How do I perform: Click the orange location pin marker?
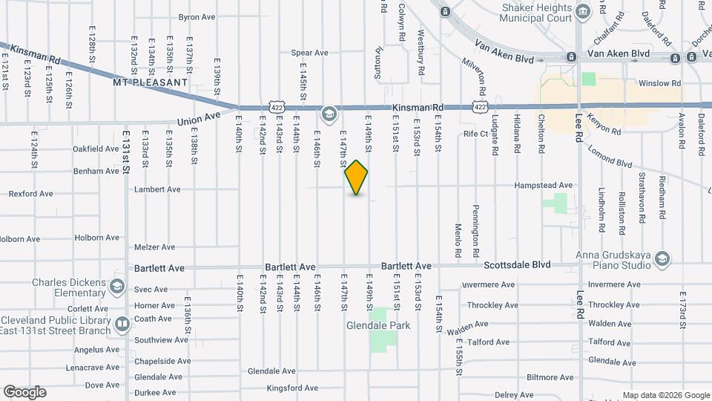pyautogui.click(x=357, y=177)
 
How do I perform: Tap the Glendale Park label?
pyautogui.click(x=378, y=325)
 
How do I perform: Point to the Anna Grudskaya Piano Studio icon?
pyautogui.click(x=662, y=258)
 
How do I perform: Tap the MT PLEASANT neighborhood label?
pyautogui.click(x=151, y=83)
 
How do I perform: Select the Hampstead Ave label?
pyautogui.click(x=545, y=185)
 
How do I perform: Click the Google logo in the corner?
pyautogui.click(x=24, y=391)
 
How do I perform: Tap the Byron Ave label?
pyautogui.click(x=197, y=16)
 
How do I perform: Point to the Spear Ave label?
pyautogui.click(x=309, y=53)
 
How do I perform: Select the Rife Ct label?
pyautogui.click(x=475, y=134)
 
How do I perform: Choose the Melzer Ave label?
pyautogui.click(x=154, y=247)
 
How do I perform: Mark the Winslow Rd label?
pyautogui.click(x=659, y=83)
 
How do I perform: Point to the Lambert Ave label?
pyautogui.click(x=157, y=189)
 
